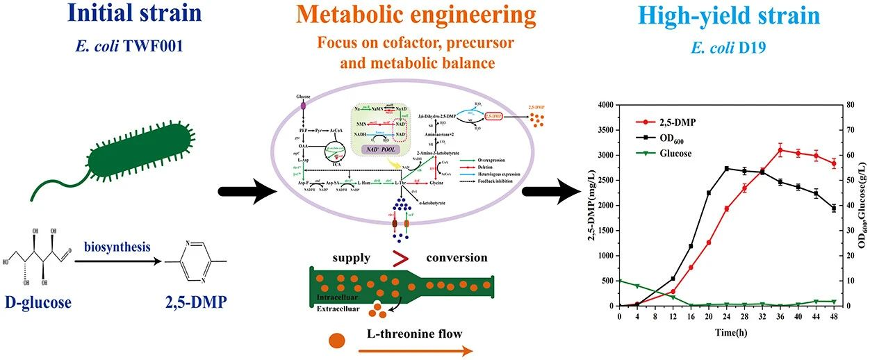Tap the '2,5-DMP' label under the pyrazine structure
pyautogui.click(x=187, y=302)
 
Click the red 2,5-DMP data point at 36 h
pyautogui.click(x=780, y=150)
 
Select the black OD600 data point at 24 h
pyautogui.click(x=726, y=169)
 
